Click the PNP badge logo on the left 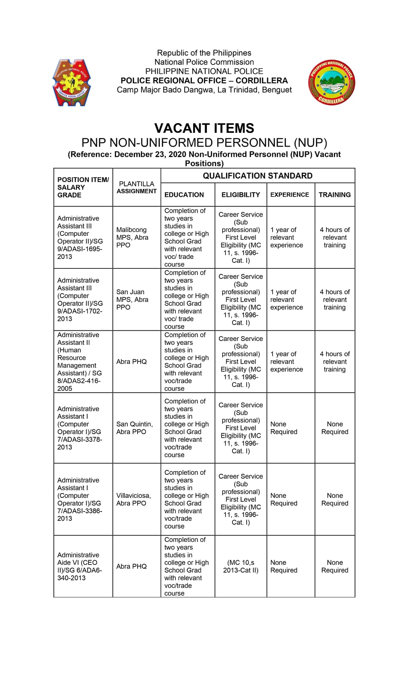(x=71, y=82)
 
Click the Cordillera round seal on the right (x=332, y=82)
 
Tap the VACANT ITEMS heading (x=204, y=128)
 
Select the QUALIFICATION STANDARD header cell (x=257, y=176)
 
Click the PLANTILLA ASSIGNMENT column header (x=136, y=188)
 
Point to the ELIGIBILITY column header (x=241, y=195)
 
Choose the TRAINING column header (x=335, y=195)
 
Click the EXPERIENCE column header (x=289, y=195)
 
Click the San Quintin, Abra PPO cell (x=134, y=428)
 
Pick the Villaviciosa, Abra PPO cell (x=133, y=499)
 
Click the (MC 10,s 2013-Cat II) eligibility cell (x=241, y=566)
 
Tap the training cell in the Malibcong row (x=335, y=237)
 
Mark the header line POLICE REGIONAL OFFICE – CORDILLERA (x=204, y=80)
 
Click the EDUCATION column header (x=184, y=195)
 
